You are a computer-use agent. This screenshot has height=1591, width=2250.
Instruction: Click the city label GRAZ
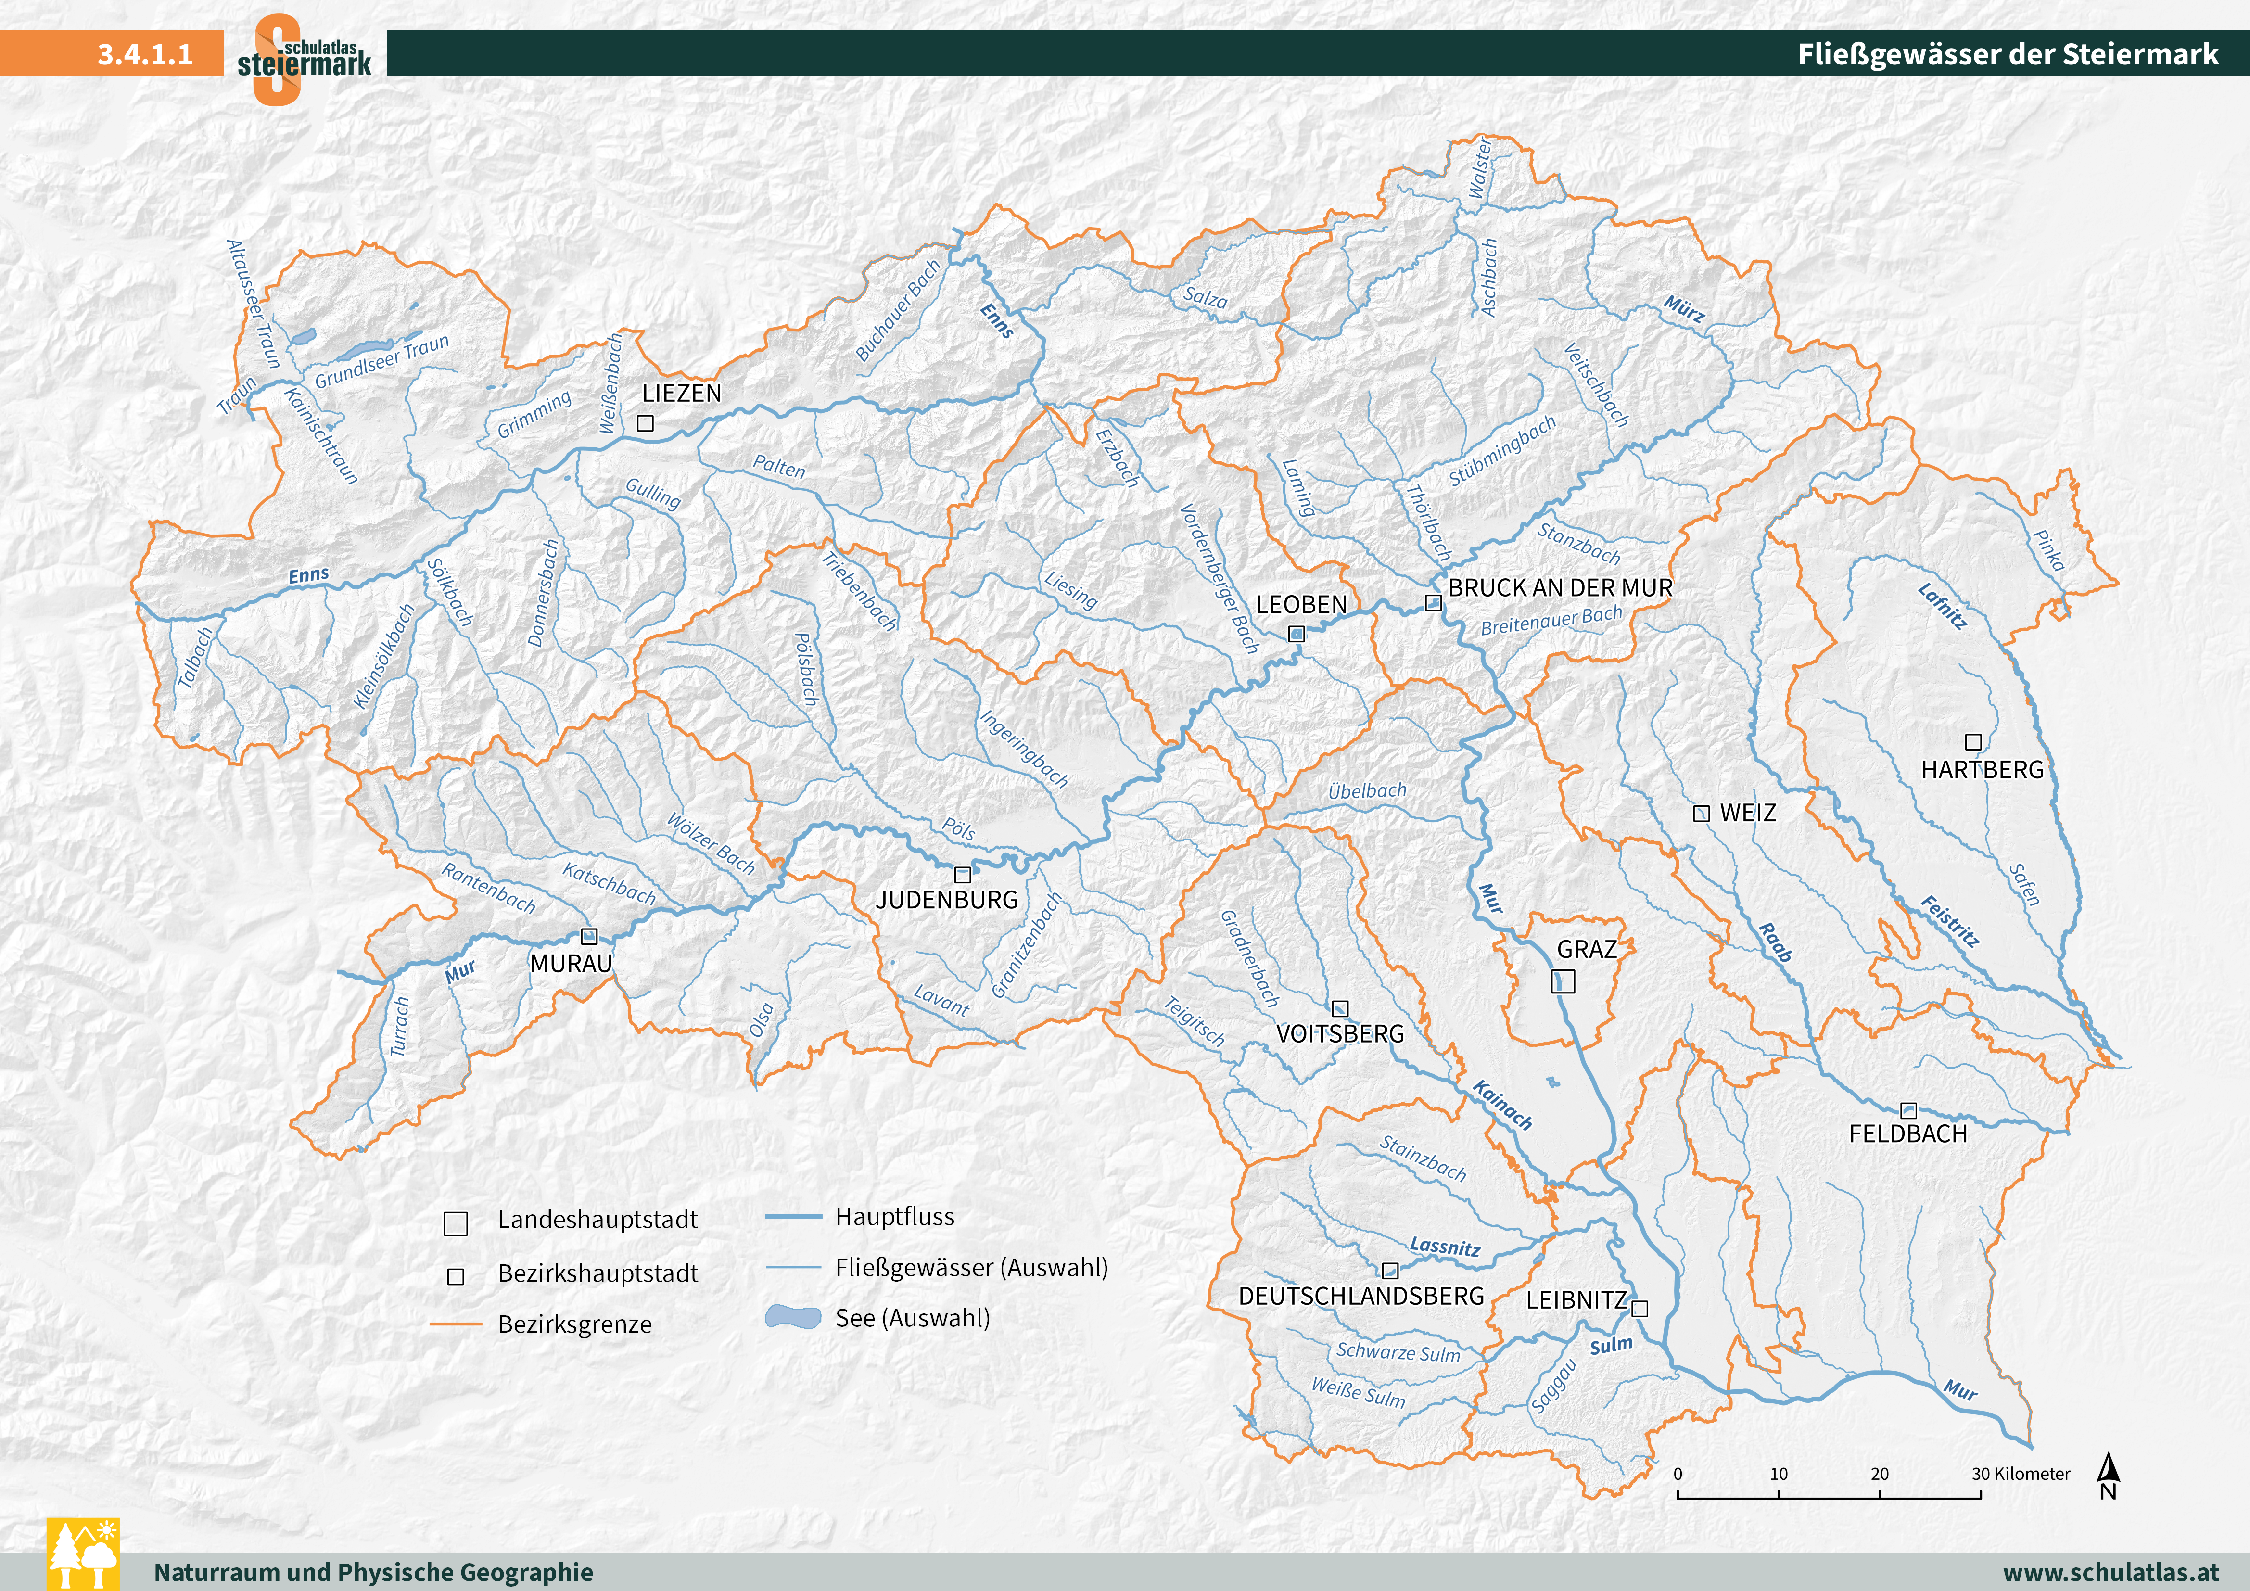1587,949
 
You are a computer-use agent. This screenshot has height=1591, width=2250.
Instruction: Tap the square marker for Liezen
645,423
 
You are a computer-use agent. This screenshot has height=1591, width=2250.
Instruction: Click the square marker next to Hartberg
1974,742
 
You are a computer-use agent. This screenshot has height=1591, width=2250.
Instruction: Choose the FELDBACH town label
1907,1134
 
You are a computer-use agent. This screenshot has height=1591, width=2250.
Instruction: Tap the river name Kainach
1502,1105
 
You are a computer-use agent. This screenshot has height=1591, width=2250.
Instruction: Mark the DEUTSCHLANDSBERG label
1361,1296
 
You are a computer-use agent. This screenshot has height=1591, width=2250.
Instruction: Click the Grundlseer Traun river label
381,361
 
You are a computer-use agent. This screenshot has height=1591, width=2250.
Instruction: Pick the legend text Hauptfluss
894,1217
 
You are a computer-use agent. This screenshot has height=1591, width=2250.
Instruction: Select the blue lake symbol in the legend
793,1316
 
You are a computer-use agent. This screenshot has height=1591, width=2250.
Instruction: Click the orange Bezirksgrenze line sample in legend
456,1324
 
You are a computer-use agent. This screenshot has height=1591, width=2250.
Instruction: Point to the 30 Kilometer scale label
2021,1473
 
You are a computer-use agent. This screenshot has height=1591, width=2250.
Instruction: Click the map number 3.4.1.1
145,54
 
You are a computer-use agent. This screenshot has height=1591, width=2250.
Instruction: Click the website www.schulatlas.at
2110,1571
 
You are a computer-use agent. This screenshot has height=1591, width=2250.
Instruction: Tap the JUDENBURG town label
947,900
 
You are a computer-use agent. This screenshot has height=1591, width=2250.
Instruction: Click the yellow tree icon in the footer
83,1554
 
